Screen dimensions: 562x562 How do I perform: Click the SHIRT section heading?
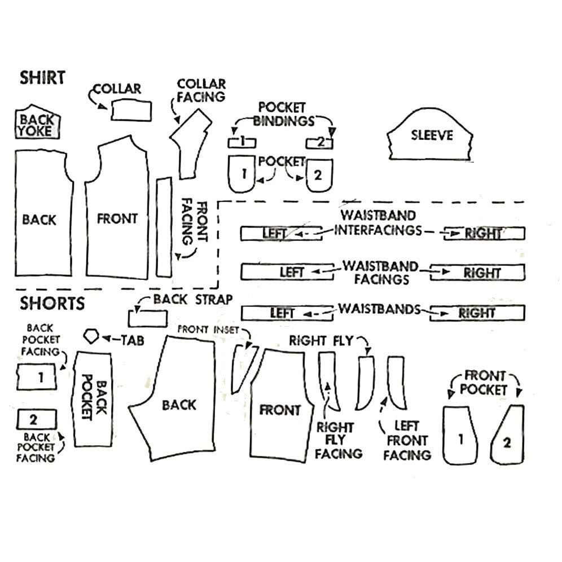(x=43, y=77)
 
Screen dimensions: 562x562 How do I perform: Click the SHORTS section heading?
(x=52, y=304)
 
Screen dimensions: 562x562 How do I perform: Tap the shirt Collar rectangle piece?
(x=131, y=110)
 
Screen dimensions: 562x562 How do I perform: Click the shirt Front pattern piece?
(x=117, y=219)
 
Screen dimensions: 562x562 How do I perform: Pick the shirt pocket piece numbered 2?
(x=319, y=175)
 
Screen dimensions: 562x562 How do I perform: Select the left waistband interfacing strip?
(x=280, y=233)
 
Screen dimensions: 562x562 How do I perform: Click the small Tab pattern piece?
(x=91, y=336)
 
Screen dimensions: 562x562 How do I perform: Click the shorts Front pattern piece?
(x=279, y=410)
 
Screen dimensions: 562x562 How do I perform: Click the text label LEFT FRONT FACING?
(x=407, y=440)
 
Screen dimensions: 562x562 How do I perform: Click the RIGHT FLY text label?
(x=320, y=341)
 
